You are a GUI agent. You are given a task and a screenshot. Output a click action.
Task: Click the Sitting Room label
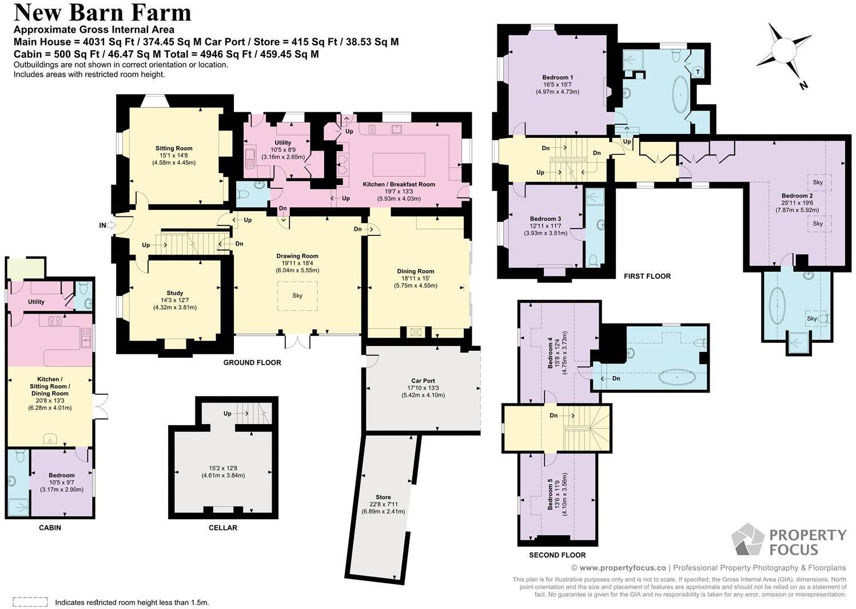pyautogui.click(x=174, y=148)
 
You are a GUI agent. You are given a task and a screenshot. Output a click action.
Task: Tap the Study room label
pyautogui.click(x=174, y=293)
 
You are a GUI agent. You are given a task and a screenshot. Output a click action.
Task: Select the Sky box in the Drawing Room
pyautogui.click(x=297, y=296)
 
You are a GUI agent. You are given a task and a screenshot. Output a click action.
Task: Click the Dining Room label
pyautogui.click(x=415, y=271)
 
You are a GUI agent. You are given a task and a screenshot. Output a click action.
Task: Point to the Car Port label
pyautogui.click(x=423, y=381)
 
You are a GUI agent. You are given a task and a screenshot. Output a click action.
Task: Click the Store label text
pyautogui.click(x=383, y=497)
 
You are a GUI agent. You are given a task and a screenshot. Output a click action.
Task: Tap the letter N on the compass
pyautogui.click(x=803, y=86)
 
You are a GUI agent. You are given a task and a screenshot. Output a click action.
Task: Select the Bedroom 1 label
pyautogui.click(x=558, y=78)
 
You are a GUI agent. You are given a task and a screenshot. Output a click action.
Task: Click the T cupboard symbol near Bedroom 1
pyautogui.click(x=698, y=72)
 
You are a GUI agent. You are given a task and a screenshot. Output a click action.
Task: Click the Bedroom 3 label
pyautogui.click(x=546, y=219)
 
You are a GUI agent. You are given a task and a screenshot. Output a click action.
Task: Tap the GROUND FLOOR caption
pyautogui.click(x=252, y=363)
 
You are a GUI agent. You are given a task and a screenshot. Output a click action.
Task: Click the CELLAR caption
pyautogui.click(x=223, y=528)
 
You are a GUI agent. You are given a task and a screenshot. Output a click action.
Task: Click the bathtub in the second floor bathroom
pyautogui.click(x=677, y=377)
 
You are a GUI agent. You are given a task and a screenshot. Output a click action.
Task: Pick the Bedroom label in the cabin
pyautogui.click(x=62, y=475)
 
